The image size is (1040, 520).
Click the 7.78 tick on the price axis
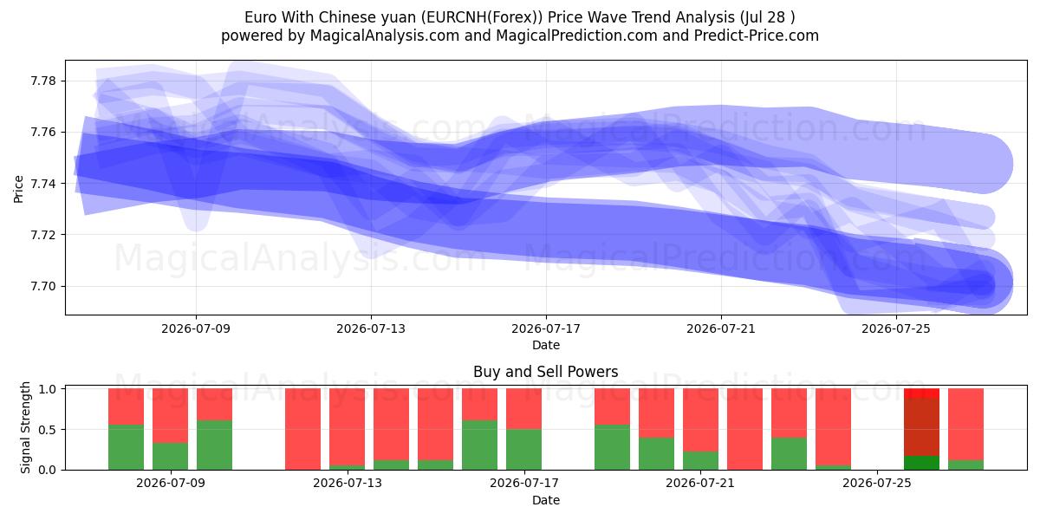[42, 81]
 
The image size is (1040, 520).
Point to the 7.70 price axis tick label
[42, 287]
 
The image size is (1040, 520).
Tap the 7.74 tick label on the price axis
[42, 184]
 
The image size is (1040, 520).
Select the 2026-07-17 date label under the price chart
[546, 328]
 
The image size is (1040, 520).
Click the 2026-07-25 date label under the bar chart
[877, 483]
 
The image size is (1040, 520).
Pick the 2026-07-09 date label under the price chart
[196, 328]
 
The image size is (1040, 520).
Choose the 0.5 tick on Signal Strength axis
[48, 430]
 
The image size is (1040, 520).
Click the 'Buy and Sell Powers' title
[545, 372]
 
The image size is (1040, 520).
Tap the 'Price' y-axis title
[18, 189]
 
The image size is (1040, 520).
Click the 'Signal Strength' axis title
[25, 427]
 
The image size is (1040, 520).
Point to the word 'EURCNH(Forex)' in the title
[482, 17]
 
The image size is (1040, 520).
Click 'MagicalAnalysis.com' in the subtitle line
[385, 36]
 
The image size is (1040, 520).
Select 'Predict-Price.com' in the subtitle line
[757, 36]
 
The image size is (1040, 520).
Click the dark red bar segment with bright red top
[921, 426]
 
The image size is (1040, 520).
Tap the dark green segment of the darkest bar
[921, 463]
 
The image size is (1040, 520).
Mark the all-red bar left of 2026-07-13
[302, 429]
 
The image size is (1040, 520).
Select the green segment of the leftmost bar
[126, 447]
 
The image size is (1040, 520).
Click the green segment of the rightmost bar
[965, 465]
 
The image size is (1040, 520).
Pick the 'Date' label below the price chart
[546, 345]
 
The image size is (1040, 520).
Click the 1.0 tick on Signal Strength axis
[48, 388]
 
